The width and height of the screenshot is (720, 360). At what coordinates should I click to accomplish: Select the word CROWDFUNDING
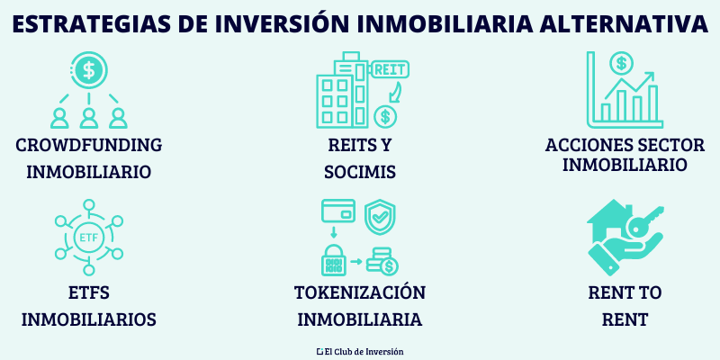pyautogui.click(x=88, y=146)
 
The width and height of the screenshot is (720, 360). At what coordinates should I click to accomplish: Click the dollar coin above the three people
pyautogui.click(x=88, y=68)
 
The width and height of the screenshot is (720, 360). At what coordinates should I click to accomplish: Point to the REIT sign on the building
pyautogui.click(x=386, y=69)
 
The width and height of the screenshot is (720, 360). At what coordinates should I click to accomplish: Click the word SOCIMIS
pyautogui.click(x=360, y=172)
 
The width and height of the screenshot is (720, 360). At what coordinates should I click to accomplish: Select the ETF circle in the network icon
pyautogui.click(x=88, y=238)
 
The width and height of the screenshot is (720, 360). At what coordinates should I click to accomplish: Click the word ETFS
pyautogui.click(x=88, y=293)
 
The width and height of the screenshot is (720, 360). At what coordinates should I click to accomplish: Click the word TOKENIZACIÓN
pyautogui.click(x=360, y=293)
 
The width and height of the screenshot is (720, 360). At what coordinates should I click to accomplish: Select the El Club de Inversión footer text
pyautogui.click(x=360, y=351)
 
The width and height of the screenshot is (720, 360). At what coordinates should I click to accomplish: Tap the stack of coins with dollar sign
pyautogui.click(x=384, y=262)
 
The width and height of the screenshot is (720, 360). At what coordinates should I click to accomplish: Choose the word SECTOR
pyautogui.click(x=668, y=146)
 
